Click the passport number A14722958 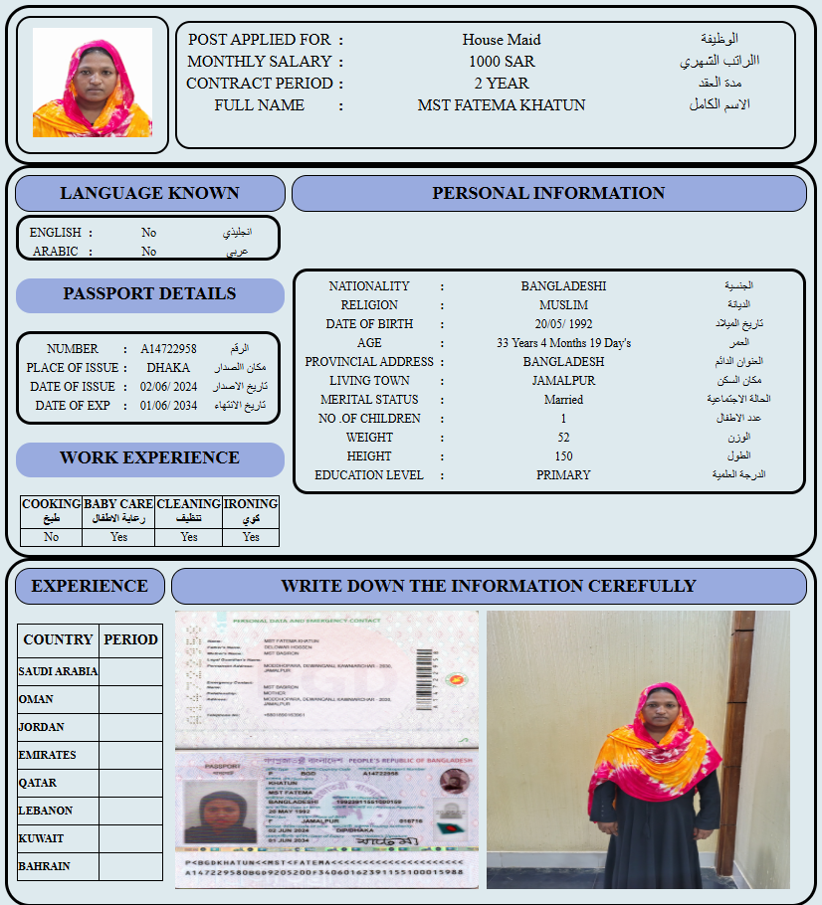(x=168, y=349)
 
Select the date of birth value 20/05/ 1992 (x=563, y=324)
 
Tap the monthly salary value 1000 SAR (x=502, y=62)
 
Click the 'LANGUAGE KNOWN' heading (x=149, y=194)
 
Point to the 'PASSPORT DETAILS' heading (x=149, y=294)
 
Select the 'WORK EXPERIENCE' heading (x=149, y=458)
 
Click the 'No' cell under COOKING (x=52, y=537)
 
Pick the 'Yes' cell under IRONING (x=251, y=537)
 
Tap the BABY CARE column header (x=118, y=510)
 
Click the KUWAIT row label (x=41, y=838)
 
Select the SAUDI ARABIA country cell (x=58, y=671)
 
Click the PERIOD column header (x=130, y=639)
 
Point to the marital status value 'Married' (x=563, y=400)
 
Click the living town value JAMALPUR (x=563, y=381)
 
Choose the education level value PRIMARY (x=563, y=475)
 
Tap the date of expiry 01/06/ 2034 (x=168, y=406)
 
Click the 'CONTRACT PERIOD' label (x=259, y=84)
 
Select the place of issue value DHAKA (x=168, y=368)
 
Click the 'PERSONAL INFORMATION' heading (x=548, y=194)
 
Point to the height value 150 (x=563, y=456)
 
